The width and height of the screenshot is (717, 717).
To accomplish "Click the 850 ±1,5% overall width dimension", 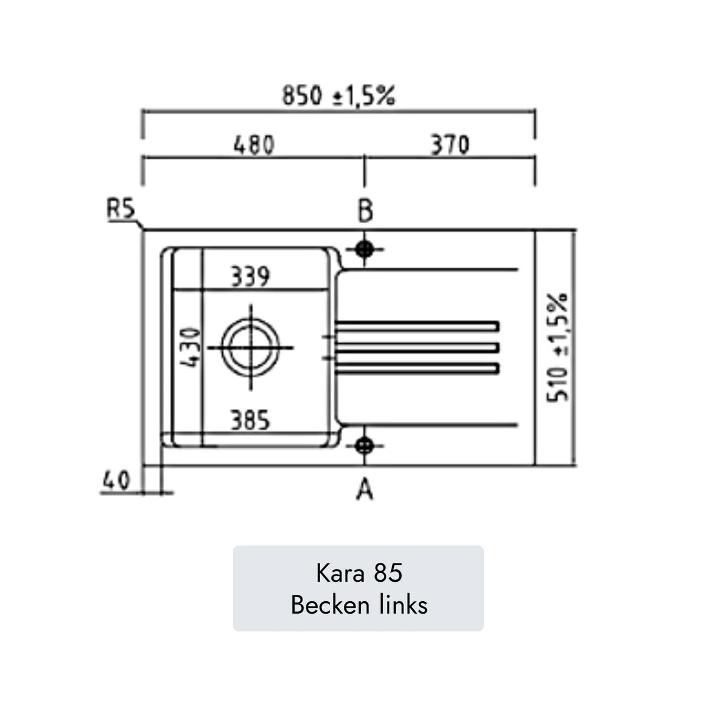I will pyautogui.click(x=338, y=95).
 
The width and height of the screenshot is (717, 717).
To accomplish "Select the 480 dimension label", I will pyautogui.click(x=254, y=145).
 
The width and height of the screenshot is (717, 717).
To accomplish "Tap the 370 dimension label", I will pyautogui.click(x=449, y=145).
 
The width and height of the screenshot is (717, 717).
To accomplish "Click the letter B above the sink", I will pyautogui.click(x=365, y=211).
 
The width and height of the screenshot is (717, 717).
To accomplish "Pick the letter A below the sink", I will pyautogui.click(x=365, y=489).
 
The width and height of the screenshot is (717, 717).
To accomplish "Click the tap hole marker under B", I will pyautogui.click(x=365, y=249).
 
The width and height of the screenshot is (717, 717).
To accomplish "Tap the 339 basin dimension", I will pyautogui.click(x=250, y=276).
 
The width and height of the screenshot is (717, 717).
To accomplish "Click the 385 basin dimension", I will pyautogui.click(x=250, y=421).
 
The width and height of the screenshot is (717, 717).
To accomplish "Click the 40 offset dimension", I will pyautogui.click(x=116, y=480).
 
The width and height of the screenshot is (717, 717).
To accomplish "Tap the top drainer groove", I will pyautogui.click(x=417, y=326).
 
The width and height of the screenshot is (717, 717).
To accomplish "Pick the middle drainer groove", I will pyautogui.click(x=417, y=348).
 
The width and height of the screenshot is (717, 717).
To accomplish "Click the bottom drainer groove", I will pyautogui.click(x=417, y=369).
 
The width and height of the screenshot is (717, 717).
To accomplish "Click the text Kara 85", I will pyautogui.click(x=358, y=573).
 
